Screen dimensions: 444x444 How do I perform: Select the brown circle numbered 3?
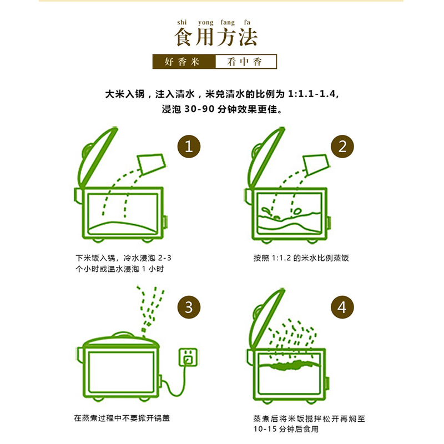pyautogui.click(x=189, y=307)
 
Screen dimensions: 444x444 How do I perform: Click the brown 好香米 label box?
pyautogui.click(x=183, y=62)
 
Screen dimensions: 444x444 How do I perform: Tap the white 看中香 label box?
pyautogui.click(x=245, y=62)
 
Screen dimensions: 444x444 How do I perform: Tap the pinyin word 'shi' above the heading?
pyautogui.click(x=182, y=22)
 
